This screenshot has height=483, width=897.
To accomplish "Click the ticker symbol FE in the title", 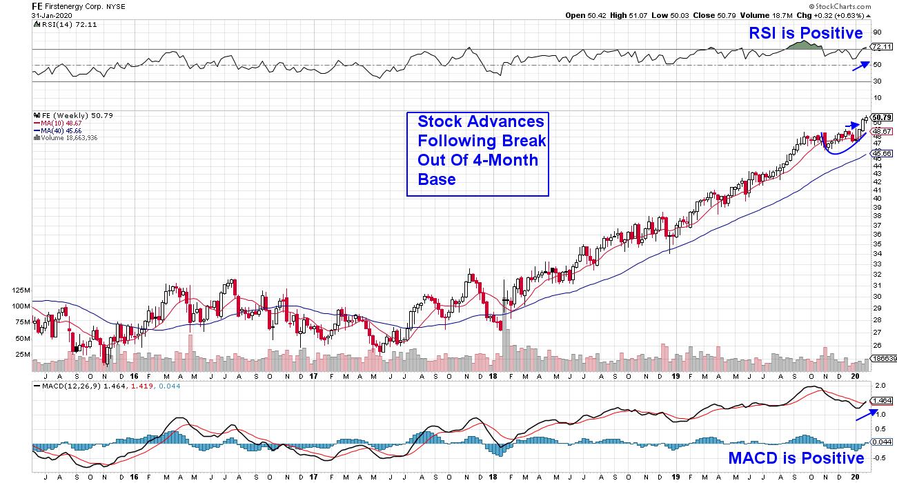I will point(39,6).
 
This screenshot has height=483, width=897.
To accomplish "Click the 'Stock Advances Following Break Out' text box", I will point(477,154).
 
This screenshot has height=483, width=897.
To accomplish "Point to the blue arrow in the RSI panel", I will point(859,66).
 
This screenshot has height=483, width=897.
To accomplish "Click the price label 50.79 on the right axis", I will point(882,117).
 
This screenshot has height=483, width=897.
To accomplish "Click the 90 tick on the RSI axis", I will point(877,32).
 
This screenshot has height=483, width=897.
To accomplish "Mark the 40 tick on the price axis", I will point(876,198).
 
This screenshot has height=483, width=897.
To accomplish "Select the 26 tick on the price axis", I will point(876,345).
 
